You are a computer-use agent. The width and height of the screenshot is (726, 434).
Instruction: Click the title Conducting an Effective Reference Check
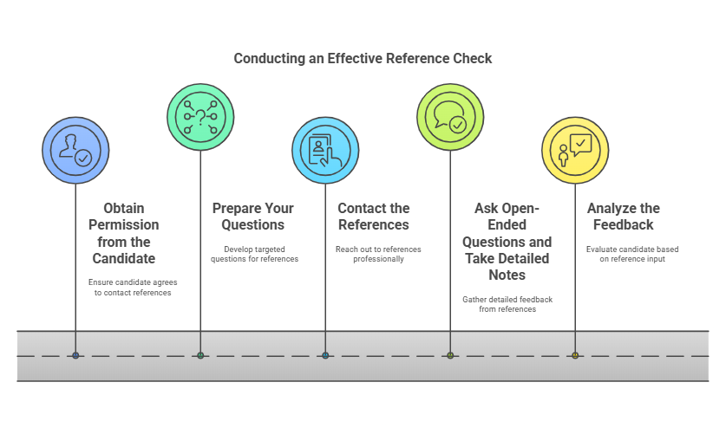click(x=363, y=59)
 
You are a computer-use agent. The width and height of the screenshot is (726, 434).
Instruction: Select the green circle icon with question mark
click(x=200, y=116)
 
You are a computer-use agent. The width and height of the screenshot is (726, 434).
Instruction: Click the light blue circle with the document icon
click(x=325, y=151)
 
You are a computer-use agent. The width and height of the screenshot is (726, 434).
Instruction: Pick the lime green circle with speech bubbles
click(x=450, y=116)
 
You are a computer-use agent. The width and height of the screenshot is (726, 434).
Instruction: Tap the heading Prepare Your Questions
click(x=253, y=217)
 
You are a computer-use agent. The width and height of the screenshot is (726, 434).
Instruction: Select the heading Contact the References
click(x=373, y=217)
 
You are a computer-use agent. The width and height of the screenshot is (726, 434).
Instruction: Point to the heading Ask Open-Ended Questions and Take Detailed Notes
click(x=507, y=242)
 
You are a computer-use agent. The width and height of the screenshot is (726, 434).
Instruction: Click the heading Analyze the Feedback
click(x=623, y=217)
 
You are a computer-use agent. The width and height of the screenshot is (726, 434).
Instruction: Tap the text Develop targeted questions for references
click(x=255, y=254)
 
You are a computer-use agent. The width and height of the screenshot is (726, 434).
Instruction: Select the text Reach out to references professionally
click(x=378, y=254)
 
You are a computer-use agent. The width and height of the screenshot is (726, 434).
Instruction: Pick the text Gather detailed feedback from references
click(x=507, y=304)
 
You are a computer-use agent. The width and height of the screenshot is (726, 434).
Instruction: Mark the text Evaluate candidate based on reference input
click(x=632, y=254)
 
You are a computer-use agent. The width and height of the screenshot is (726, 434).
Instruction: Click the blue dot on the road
click(x=75, y=355)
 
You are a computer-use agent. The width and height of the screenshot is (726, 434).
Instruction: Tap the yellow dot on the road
click(x=575, y=355)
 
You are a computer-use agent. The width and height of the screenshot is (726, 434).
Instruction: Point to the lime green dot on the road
click(x=450, y=355)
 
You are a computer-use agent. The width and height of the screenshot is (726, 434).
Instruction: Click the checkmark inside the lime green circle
click(x=458, y=125)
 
